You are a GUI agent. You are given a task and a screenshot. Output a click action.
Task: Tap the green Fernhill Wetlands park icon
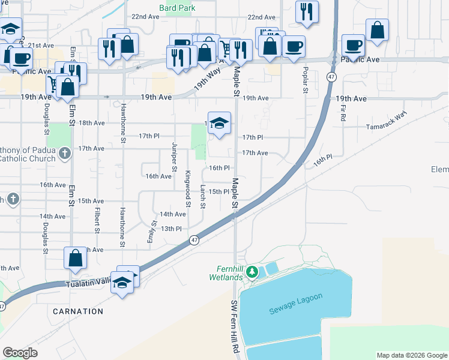click(253, 272)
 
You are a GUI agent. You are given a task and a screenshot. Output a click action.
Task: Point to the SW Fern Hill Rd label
click(235, 326)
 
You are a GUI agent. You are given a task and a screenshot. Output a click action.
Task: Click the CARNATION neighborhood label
click(77, 311)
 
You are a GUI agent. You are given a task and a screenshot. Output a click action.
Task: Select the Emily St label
click(152, 233)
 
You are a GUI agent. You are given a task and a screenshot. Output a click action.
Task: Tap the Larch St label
click(203, 197)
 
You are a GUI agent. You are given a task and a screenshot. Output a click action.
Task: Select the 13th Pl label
click(170, 229)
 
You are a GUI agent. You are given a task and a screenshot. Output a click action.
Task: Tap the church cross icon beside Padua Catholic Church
click(65, 153)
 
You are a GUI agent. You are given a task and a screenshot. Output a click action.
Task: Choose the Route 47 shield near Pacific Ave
click(331, 77)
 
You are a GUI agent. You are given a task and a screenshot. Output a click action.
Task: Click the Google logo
click(20, 353)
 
